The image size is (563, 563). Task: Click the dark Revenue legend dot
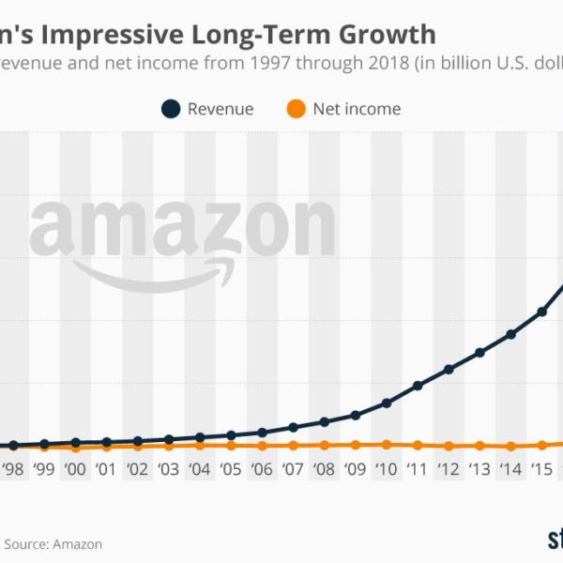click(x=171, y=109)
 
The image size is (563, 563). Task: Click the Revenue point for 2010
click(x=387, y=403)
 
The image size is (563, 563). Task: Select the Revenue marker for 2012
click(x=449, y=370)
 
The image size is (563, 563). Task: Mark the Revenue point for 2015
click(x=541, y=312)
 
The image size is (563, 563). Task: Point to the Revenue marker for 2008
click(x=324, y=422)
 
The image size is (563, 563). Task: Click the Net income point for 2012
click(x=449, y=446)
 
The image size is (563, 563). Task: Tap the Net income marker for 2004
click(x=200, y=446)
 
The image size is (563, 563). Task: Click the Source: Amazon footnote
click(x=53, y=543)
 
